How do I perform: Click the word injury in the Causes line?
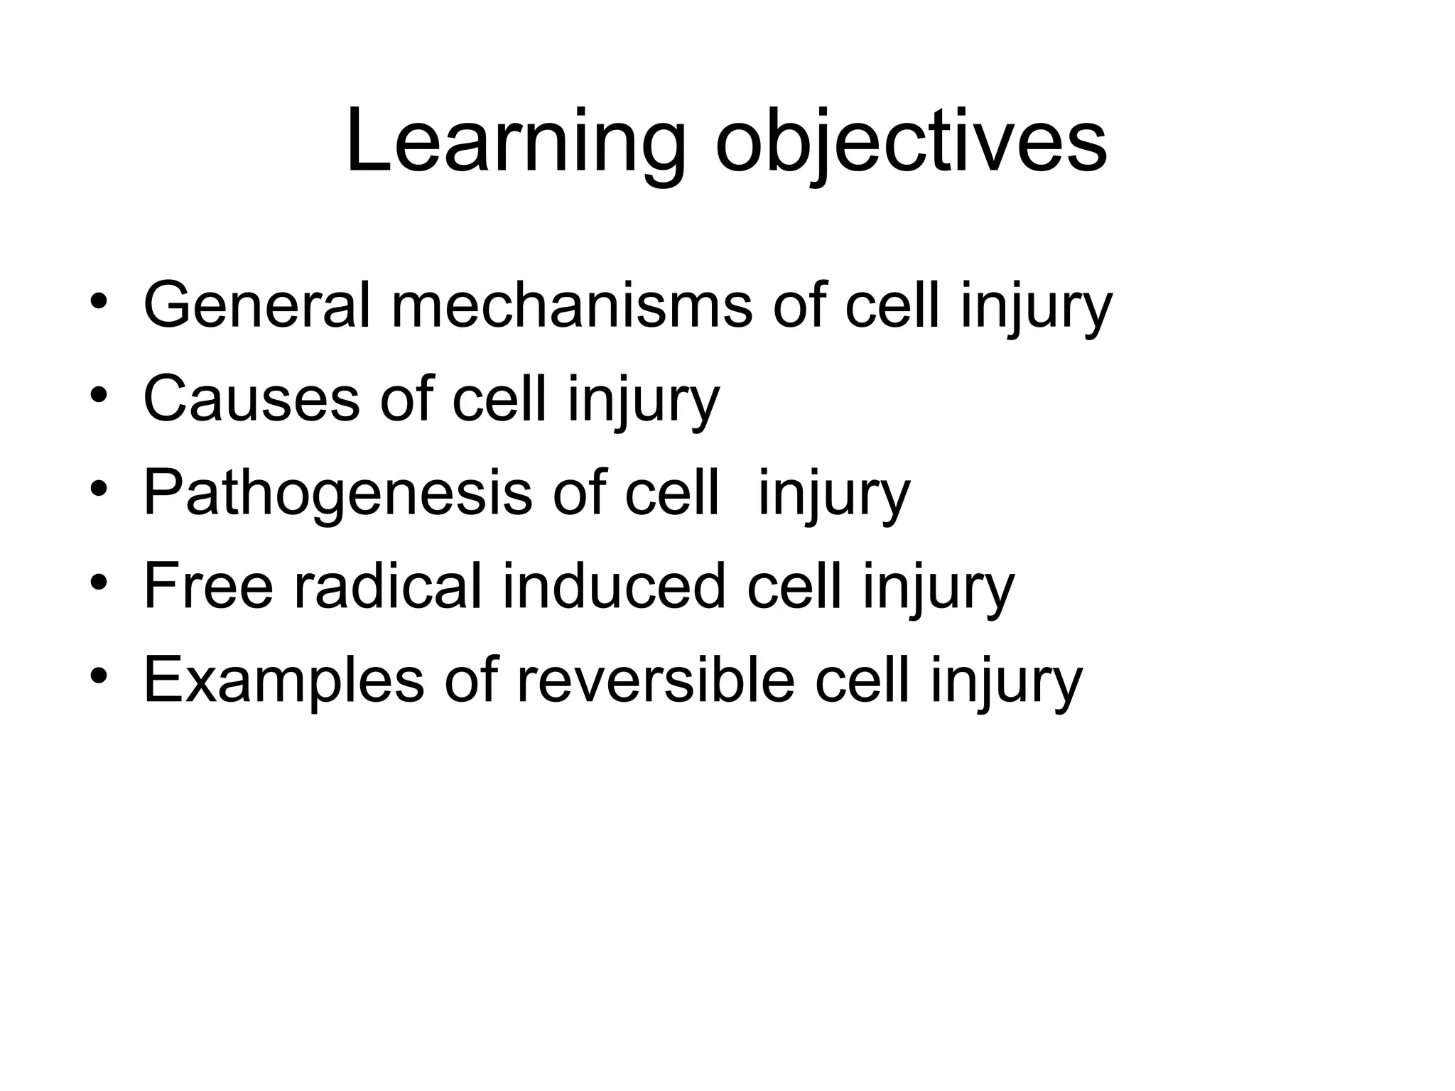643,401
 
